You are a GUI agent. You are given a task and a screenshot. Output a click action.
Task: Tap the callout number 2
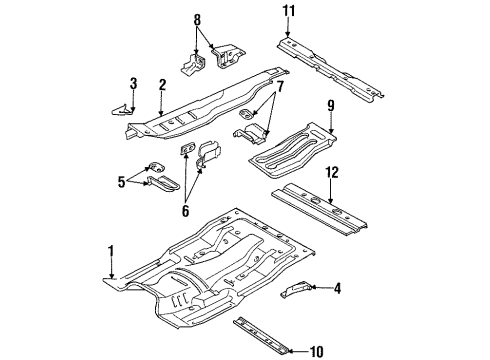(x=162, y=86)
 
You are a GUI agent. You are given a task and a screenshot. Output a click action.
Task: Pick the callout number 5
(x=121, y=182)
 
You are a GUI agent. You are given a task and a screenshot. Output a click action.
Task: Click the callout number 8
(x=196, y=19)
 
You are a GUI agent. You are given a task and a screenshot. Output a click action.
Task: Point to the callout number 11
(x=289, y=11)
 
